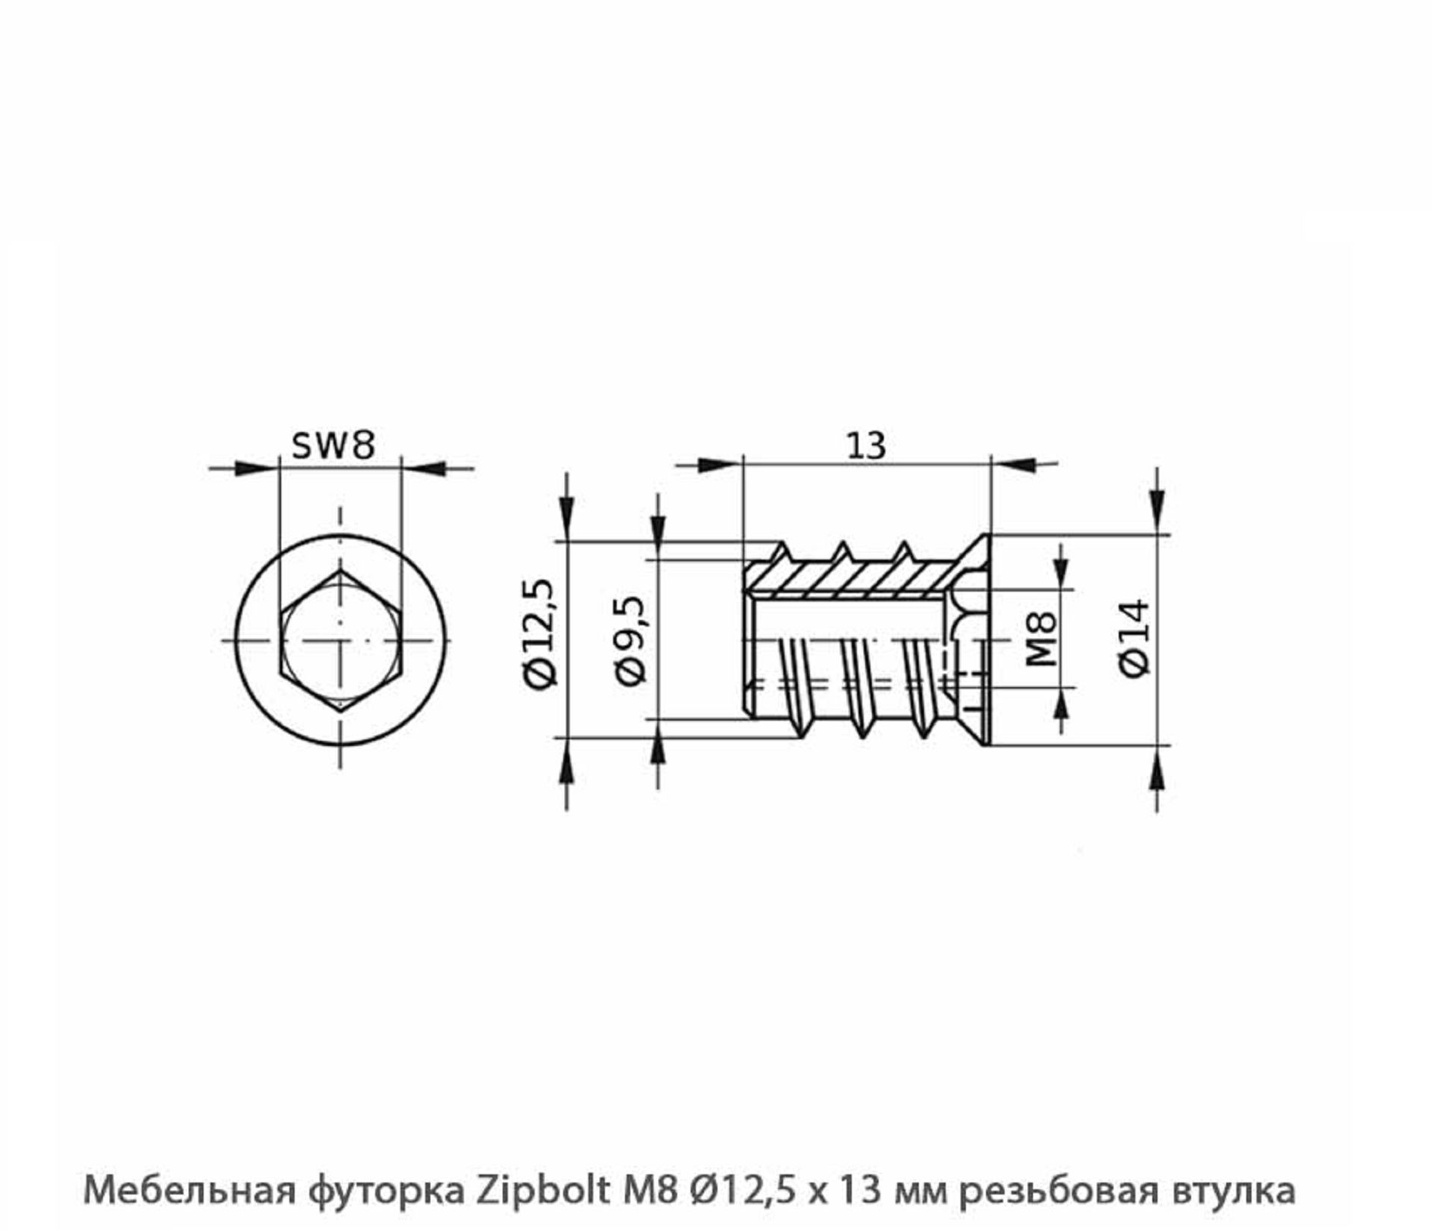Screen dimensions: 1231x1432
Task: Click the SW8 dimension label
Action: (x=333, y=445)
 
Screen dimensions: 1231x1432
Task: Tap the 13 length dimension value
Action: (x=866, y=446)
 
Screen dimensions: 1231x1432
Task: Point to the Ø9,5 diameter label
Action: (x=630, y=639)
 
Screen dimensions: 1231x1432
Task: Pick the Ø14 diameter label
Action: (x=1134, y=638)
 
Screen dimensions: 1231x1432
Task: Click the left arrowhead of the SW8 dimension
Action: (x=254, y=469)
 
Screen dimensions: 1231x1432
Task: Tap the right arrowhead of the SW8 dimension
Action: (x=427, y=469)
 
